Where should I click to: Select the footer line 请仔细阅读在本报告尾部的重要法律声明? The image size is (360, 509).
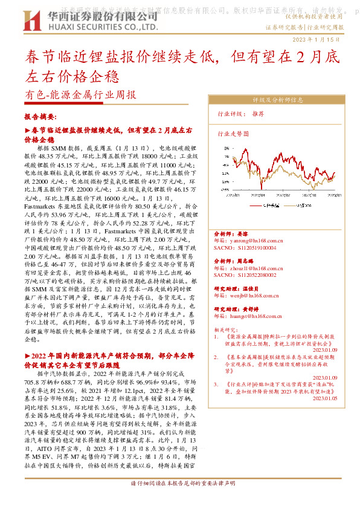(180, 501)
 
